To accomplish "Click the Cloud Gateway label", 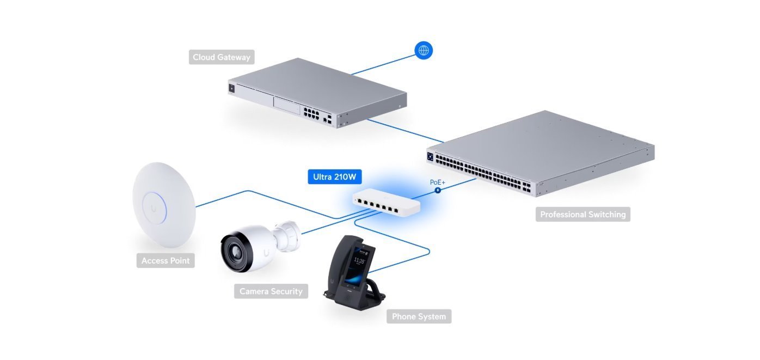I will coord(222,57).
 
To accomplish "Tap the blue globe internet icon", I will coord(424,51).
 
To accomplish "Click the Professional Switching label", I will coord(583,214).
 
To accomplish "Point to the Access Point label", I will coord(166,260).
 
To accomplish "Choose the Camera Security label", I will coord(271,291).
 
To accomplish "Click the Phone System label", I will coord(419,316).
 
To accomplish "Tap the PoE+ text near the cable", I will coord(438,182).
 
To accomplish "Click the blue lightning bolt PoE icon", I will coord(437,191).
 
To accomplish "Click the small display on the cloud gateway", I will coord(232,88).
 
